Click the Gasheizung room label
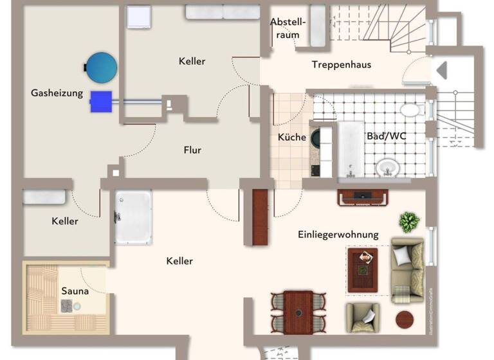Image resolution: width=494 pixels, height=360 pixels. pyautogui.click(x=57, y=93)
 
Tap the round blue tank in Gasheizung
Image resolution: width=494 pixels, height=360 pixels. pyautogui.click(x=102, y=66)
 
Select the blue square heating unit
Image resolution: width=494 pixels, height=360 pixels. pyautogui.click(x=101, y=101)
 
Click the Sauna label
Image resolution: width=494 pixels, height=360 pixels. pyautogui.click(x=75, y=291)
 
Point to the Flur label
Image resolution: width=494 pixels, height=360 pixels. pyautogui.click(x=192, y=150)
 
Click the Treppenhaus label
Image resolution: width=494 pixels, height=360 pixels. pyautogui.click(x=341, y=64)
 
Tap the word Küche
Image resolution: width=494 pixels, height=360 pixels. pyautogui.click(x=292, y=137)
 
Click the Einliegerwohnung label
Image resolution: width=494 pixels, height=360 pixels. pyautogui.click(x=338, y=235)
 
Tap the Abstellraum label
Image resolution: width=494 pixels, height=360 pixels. pyautogui.click(x=288, y=28)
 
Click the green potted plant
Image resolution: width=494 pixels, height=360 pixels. pyautogui.click(x=408, y=222)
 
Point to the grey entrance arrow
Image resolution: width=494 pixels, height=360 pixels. pyautogui.click(x=442, y=70)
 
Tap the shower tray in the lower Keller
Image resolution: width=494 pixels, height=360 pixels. pyautogui.click(x=133, y=217)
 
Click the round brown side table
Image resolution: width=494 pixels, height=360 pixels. pyautogui.click(x=405, y=319)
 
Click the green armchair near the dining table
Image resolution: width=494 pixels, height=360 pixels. pyautogui.click(x=362, y=316)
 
